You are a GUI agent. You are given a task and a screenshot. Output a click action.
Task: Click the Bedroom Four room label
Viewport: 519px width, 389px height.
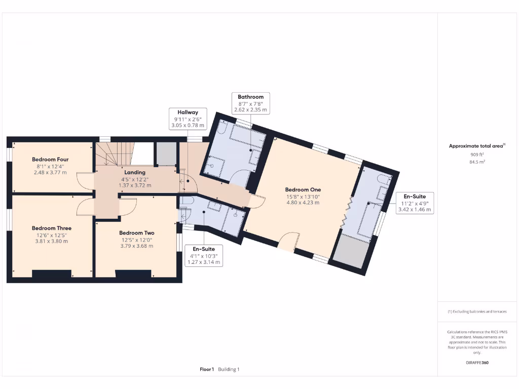coord(50,160)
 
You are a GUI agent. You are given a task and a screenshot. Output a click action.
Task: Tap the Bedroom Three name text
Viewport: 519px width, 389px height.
coord(52,228)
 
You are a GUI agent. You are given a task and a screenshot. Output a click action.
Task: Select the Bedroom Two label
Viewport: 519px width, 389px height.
coord(136,233)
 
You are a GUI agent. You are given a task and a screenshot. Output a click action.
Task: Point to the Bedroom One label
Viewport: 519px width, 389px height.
coord(303,190)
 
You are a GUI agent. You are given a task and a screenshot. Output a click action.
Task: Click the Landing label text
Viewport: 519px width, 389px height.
coord(135,173)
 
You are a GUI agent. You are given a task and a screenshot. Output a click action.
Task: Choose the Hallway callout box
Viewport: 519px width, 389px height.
coord(188,119)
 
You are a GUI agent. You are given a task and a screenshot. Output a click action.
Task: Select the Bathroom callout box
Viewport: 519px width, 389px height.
coord(250,103)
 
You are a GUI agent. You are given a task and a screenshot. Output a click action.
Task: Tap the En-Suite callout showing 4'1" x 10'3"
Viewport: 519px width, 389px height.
coord(203,255)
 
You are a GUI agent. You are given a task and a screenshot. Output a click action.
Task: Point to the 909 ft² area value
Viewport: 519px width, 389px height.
coord(477,154)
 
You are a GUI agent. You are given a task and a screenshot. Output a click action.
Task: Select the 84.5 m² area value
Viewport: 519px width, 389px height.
coord(477,162)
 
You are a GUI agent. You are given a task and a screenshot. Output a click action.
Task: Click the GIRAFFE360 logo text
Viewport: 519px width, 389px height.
coord(477,363)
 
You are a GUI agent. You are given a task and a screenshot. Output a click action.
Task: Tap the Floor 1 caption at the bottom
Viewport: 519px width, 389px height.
coord(207,369)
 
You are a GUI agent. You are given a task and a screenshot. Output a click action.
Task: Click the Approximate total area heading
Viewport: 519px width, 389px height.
coord(476,146)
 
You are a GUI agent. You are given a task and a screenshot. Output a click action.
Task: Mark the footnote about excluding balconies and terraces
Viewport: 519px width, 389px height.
coord(477,312)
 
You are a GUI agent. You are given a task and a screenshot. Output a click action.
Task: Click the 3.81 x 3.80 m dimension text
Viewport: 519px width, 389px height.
coord(51,241)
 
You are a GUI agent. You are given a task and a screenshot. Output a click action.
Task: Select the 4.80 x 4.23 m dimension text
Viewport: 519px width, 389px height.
coord(303,203)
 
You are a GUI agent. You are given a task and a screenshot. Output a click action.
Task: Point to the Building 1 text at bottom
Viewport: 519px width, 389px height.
coord(229,369)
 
